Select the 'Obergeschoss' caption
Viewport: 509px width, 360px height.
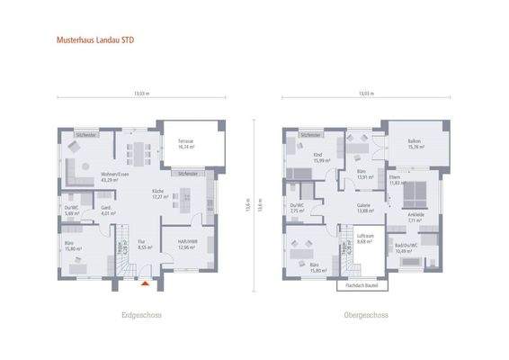click(x=365, y=316)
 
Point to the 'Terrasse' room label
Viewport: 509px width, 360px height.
click(x=186, y=142)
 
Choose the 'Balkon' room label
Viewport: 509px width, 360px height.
click(x=414, y=142)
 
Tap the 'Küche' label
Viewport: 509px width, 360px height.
click(x=157, y=193)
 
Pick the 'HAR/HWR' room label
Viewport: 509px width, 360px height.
click(x=185, y=243)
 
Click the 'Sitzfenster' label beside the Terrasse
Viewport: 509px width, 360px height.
click(x=188, y=173)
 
